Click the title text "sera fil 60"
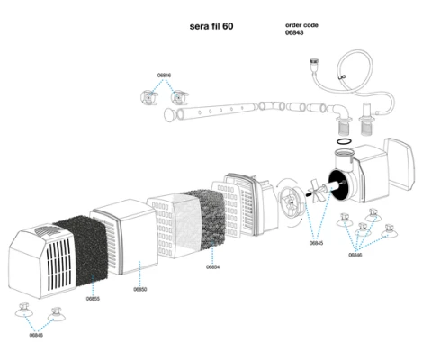211,26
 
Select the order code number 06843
294,32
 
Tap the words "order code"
301,25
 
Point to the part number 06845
316,243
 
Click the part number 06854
212,266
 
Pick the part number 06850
140,289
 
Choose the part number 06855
93,299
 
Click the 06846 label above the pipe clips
164,76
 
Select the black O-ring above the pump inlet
344,141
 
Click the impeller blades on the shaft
318,192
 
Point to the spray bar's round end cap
170,115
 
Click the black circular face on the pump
339,185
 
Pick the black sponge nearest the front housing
81,251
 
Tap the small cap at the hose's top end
314,62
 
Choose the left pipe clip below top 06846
149,97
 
